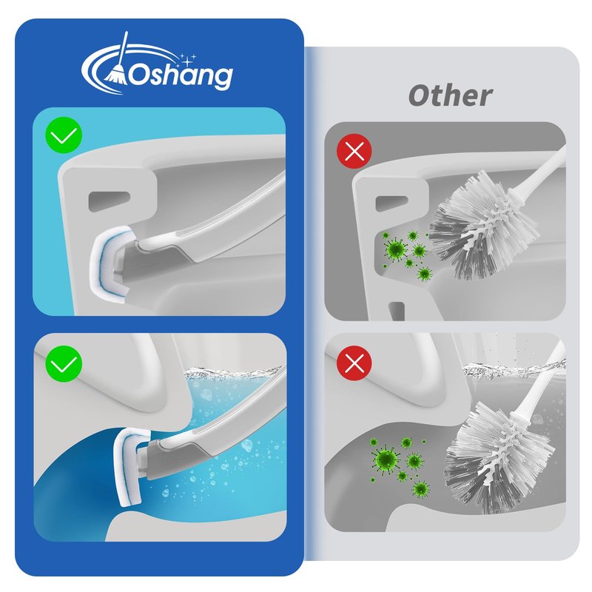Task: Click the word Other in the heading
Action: click(451, 95)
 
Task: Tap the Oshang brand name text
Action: click(181, 76)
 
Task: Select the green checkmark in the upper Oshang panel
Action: click(64, 135)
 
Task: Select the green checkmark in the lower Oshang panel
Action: click(64, 364)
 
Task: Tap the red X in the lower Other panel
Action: click(354, 363)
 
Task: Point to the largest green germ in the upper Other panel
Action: click(395, 249)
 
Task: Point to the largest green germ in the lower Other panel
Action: click(385, 459)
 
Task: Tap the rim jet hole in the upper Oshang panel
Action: click(109, 201)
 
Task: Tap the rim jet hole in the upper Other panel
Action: click(391, 203)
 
